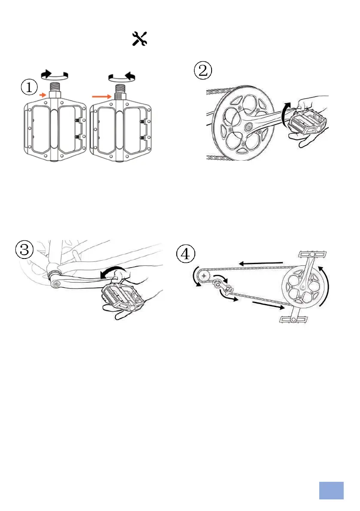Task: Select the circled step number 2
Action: pos(203,70)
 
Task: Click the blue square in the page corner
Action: pos(331,490)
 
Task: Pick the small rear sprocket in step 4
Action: pos(204,275)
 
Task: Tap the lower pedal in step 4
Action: pos(288,319)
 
